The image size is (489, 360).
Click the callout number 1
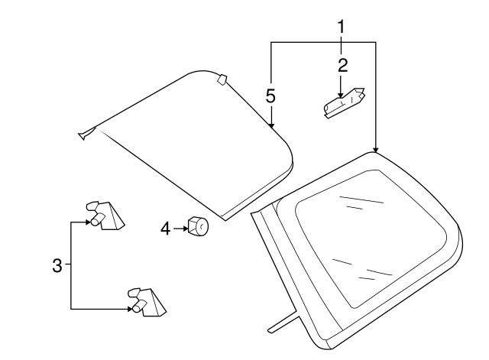342,27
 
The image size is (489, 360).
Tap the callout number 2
342,66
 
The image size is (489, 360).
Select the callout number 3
57,266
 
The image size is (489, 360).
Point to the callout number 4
166,229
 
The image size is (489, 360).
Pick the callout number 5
270,96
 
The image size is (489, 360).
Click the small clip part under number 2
345,103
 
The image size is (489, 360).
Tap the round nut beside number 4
198,225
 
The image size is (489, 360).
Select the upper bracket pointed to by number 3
105,216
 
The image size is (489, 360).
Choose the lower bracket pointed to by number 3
147,302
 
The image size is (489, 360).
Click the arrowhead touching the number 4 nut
186,229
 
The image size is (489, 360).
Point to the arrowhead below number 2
341,95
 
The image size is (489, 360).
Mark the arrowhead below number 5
271,125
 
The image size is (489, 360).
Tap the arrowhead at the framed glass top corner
375,150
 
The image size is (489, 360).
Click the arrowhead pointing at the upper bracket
88,222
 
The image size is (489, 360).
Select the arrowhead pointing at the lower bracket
129,309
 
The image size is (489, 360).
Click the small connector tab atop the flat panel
222,79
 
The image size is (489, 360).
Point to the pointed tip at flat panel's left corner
79,135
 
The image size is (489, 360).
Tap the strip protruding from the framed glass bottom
283,322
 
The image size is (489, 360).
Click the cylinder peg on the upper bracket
97,219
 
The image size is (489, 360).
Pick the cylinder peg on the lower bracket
139,306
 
